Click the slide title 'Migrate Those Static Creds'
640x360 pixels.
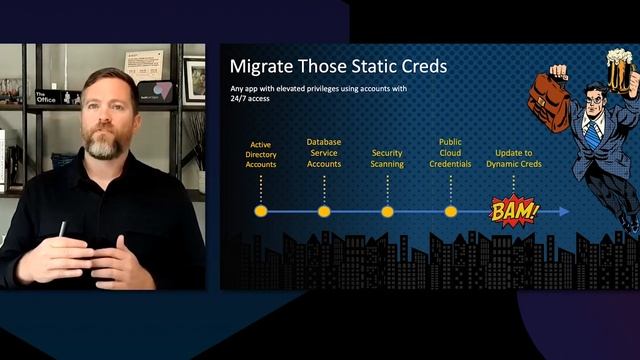338,68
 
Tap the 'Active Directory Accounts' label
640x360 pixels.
261,154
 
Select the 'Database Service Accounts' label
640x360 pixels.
324,153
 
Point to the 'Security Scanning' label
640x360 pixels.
387,158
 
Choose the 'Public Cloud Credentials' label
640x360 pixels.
450,153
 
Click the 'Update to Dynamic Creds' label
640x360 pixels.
514,158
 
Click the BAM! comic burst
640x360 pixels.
514,211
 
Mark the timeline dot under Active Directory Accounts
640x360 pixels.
261,211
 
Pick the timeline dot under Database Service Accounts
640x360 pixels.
324,211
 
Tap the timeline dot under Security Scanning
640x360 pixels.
387,211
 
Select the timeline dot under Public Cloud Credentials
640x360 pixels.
450,211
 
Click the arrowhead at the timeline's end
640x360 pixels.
565,211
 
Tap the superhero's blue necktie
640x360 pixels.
598,136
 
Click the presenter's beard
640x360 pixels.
104,145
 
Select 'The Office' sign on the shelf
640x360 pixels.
45,97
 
